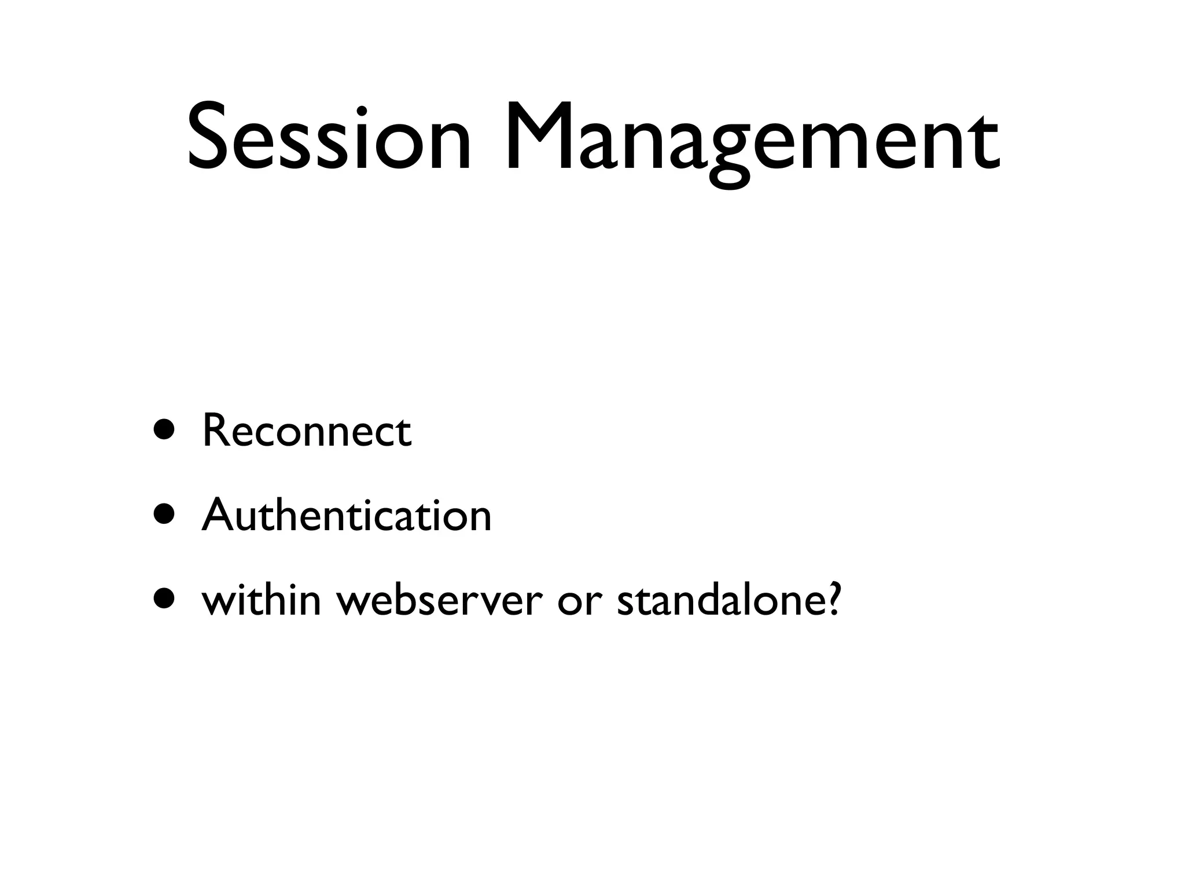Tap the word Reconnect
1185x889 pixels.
307,431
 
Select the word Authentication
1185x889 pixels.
347,515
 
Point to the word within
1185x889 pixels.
261,600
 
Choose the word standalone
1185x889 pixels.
720,600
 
